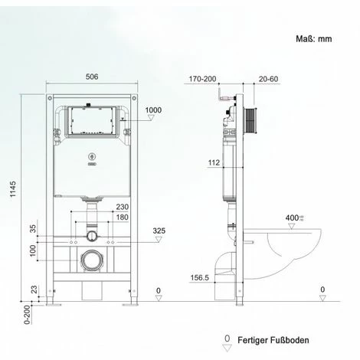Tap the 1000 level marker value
[153, 110]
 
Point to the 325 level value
[159, 230]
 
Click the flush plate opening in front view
[91, 121]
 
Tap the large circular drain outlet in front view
[92, 260]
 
